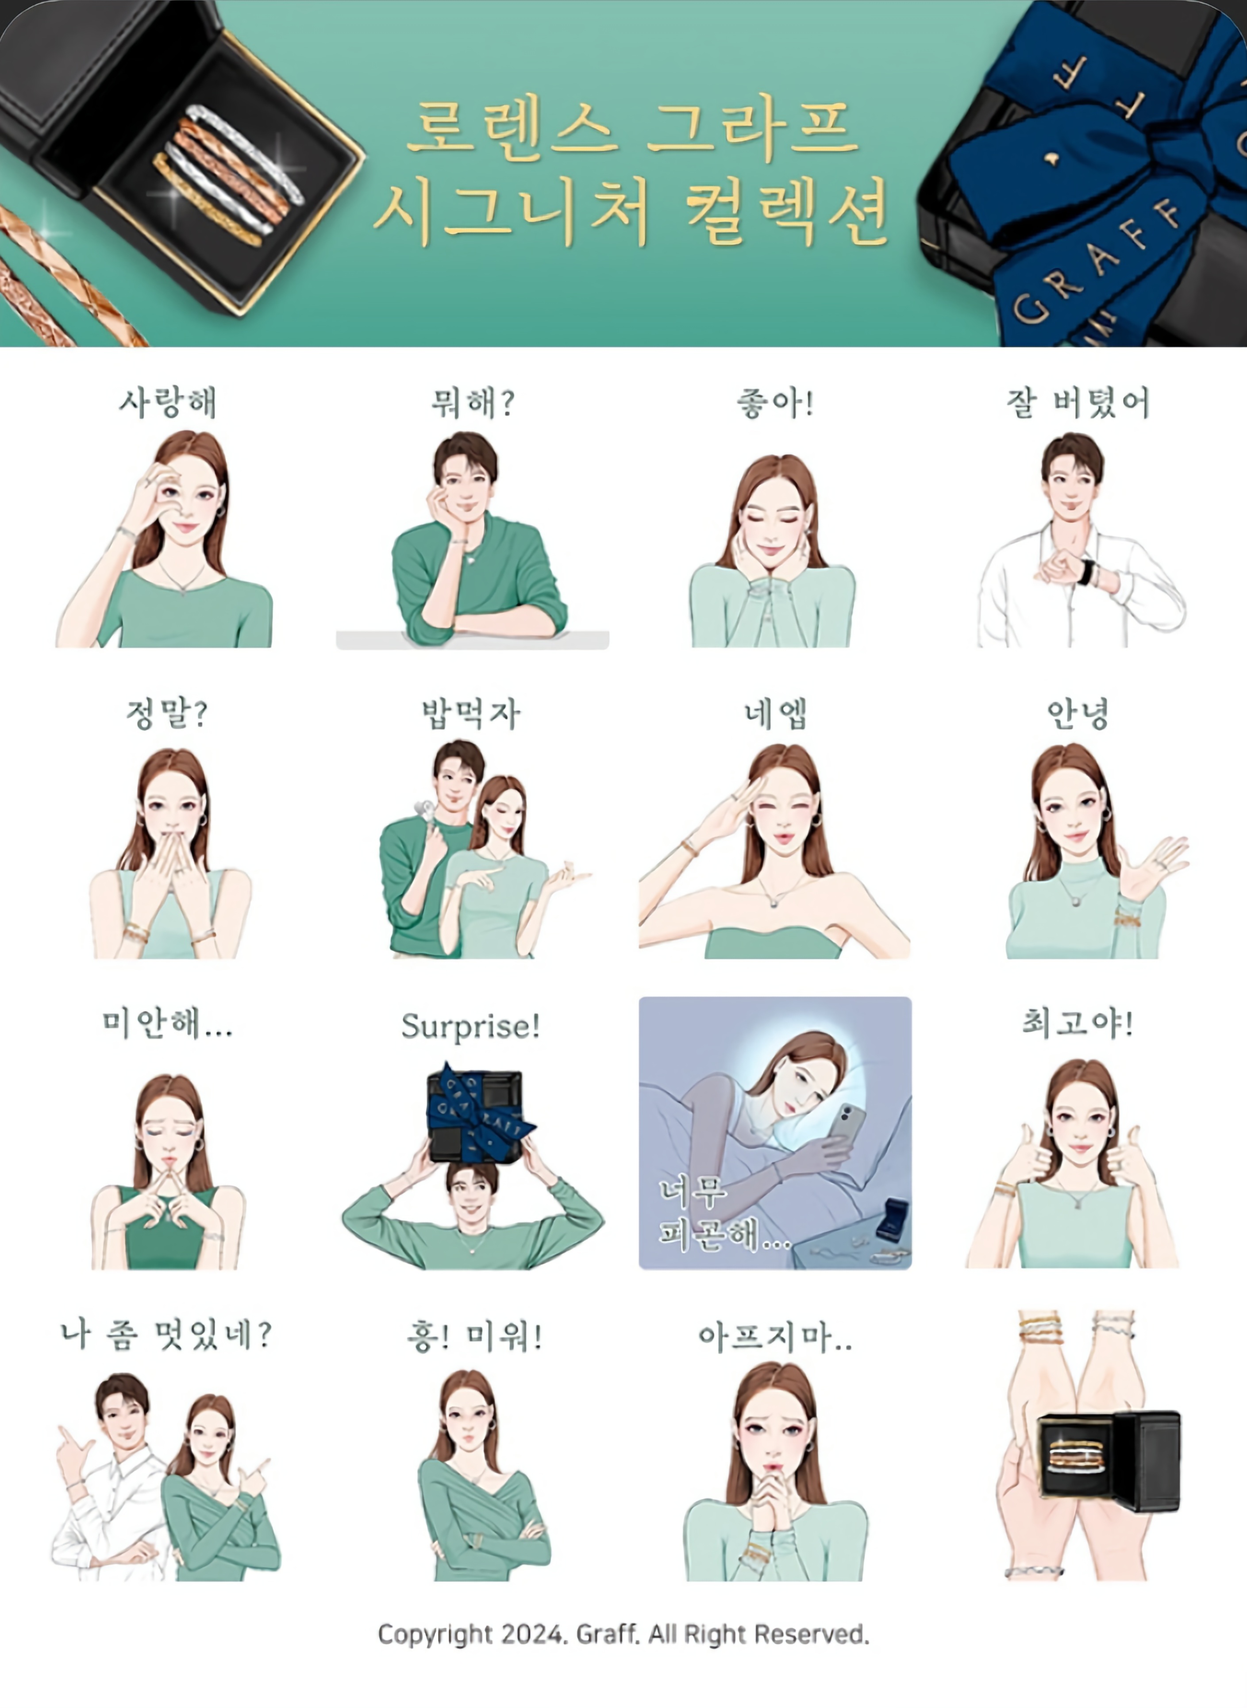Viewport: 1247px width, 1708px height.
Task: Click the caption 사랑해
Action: pos(168,402)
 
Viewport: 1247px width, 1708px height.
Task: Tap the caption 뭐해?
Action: pos(473,402)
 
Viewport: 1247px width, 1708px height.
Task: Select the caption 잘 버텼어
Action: pos(1077,402)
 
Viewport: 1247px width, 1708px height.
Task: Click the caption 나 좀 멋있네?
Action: pos(166,1335)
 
